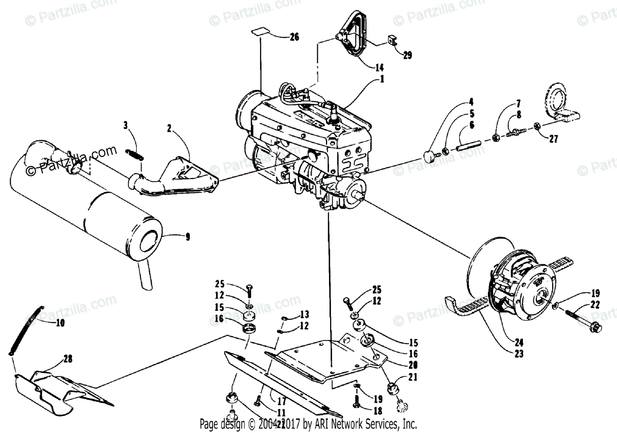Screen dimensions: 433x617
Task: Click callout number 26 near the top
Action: coord(294,37)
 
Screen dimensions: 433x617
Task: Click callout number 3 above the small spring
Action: coord(125,124)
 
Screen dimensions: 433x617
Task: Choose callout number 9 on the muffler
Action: coord(187,237)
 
